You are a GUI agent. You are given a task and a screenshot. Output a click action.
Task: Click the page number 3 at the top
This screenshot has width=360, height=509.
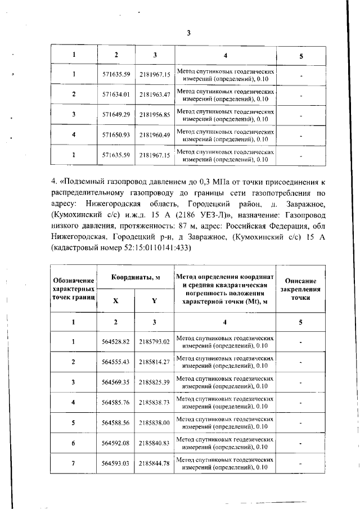click(x=189, y=33)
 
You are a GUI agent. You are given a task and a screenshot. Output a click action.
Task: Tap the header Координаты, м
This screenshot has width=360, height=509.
click(x=136, y=278)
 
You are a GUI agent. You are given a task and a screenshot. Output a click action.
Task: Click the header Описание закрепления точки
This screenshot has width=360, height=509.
click(x=304, y=287)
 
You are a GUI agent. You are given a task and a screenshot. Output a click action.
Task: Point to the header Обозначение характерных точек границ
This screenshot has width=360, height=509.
click(x=73, y=287)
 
